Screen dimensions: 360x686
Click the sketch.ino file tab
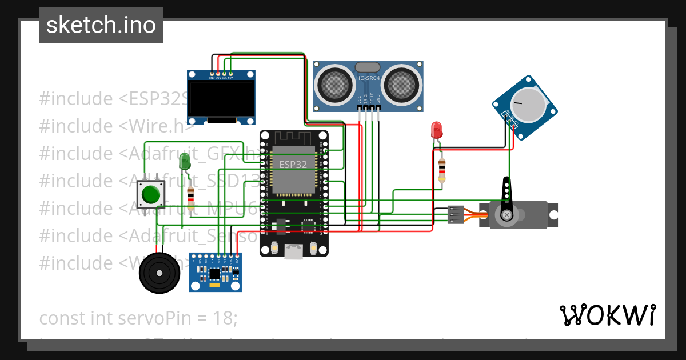101,25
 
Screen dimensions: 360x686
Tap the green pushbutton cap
151,195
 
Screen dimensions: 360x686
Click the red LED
437,129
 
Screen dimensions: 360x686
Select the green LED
184,161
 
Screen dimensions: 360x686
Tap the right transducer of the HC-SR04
402,84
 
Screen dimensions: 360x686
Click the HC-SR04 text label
368,78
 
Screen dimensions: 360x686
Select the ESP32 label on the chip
293,164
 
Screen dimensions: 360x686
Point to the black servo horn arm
506,197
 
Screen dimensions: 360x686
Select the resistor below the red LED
441,170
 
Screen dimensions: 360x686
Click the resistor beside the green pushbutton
190,197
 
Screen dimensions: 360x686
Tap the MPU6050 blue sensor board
215,273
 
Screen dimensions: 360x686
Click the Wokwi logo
607,315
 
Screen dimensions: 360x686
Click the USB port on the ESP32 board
294,251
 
